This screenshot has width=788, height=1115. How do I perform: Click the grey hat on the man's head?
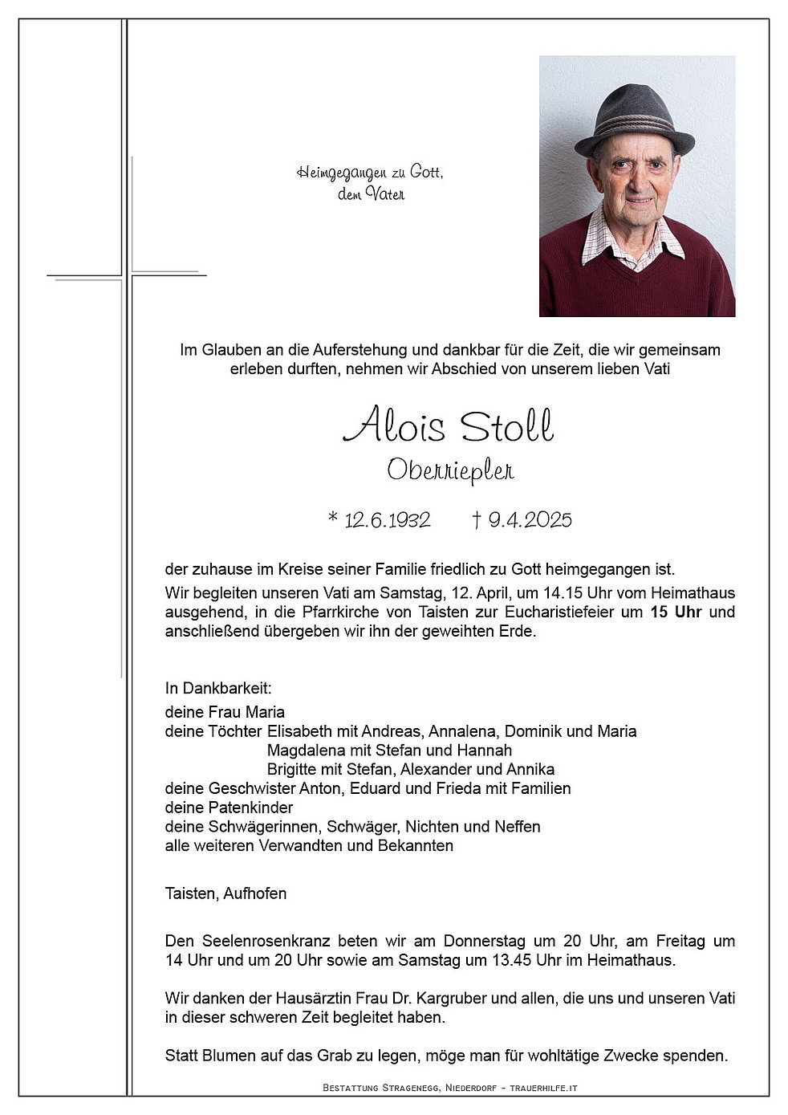click(x=634, y=120)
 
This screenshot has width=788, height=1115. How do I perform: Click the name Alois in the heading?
click(x=393, y=425)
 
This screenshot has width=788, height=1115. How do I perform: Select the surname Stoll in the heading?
click(x=506, y=425)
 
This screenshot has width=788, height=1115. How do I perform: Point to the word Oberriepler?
click(x=450, y=470)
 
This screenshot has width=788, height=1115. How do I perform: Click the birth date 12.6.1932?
click(x=387, y=520)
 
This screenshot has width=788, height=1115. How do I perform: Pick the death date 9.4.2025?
click(x=530, y=520)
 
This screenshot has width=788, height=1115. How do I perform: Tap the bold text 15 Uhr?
click(x=676, y=612)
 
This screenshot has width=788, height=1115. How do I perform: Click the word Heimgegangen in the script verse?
click(x=331, y=173)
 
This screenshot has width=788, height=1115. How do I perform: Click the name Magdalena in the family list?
click(x=305, y=751)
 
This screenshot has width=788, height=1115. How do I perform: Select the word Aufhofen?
click(x=255, y=893)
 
